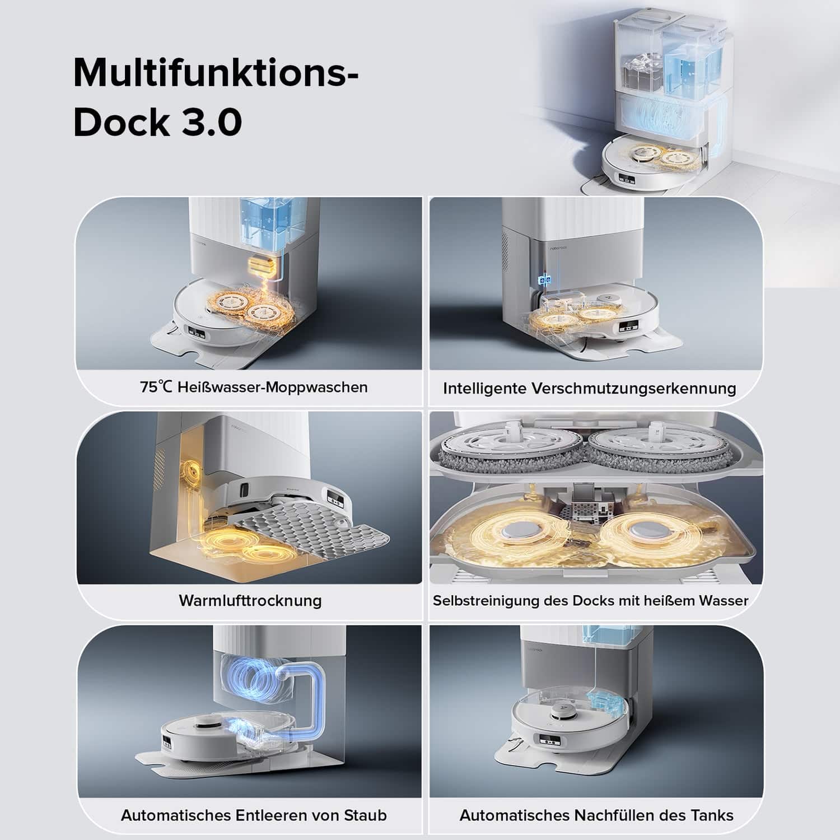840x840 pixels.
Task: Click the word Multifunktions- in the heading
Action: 216,73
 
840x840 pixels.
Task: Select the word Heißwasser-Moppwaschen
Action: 273,388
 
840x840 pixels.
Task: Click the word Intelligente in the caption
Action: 484,388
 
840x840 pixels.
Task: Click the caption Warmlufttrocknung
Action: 250,600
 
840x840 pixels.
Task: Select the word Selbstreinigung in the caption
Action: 486,601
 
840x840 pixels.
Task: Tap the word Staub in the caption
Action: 365,815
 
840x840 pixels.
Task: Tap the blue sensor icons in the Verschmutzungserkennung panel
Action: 542,279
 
